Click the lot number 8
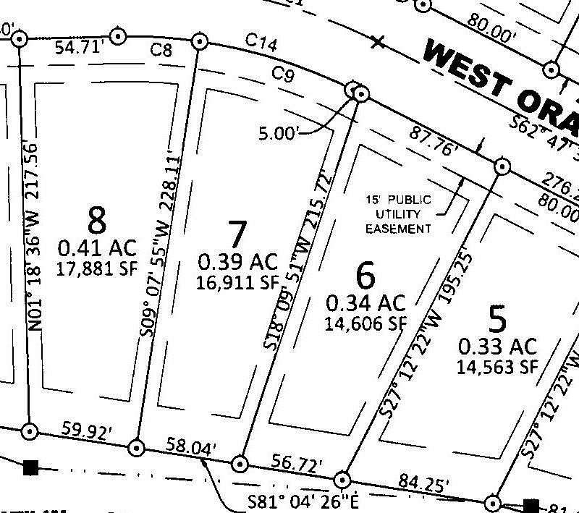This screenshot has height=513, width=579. point(97,219)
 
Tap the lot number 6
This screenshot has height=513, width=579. point(366,275)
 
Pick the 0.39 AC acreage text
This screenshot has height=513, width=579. point(237,260)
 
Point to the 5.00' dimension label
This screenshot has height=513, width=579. point(278,133)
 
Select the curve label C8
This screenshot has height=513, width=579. point(161,49)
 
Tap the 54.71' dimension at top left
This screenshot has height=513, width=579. point(80,48)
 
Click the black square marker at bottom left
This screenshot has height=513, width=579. point(30,467)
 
